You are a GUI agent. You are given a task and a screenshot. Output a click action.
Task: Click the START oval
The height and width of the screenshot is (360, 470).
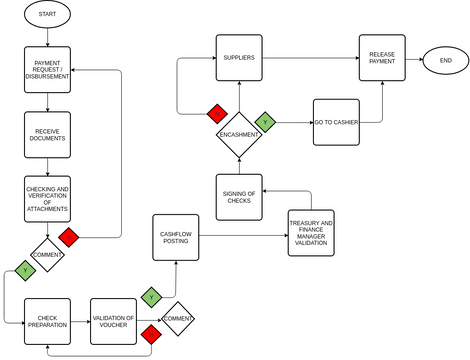point(48,14)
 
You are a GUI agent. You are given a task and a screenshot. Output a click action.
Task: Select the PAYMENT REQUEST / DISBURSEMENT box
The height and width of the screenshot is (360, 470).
point(48,70)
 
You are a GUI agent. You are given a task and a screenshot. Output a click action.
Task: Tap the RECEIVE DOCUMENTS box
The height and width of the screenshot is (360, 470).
point(48,134)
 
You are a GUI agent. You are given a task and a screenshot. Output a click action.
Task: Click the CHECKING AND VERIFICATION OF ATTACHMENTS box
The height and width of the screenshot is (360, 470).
point(48,199)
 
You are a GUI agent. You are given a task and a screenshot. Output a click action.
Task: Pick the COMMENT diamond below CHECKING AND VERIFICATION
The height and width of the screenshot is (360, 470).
point(48,255)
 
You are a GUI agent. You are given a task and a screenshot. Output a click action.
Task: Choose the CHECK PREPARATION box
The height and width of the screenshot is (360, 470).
point(48,321)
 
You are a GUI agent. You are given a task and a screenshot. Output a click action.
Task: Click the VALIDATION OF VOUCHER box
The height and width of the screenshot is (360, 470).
point(113,321)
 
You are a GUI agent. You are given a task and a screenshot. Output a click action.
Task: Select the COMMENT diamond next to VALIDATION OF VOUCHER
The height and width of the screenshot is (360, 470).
point(178,318)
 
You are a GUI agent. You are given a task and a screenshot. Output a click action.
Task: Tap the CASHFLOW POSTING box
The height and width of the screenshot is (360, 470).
point(175,237)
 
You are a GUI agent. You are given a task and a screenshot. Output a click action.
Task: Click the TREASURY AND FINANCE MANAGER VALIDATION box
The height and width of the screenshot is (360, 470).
point(311,232)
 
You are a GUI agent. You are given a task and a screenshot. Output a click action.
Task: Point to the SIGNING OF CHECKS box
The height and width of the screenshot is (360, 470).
point(239,196)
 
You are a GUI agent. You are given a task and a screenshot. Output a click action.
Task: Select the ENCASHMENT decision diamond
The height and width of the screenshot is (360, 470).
point(239,134)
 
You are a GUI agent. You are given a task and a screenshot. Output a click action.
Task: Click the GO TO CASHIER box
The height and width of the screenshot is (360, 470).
point(336,122)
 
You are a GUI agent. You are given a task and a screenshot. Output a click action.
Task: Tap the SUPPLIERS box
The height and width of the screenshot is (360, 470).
point(239,58)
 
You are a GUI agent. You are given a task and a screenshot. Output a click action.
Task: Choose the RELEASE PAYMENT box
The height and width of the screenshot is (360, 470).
point(383,58)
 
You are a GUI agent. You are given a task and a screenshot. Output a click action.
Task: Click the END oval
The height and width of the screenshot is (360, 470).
point(445,58)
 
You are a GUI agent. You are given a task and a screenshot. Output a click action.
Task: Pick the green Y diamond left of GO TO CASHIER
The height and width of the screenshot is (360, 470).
point(264,122)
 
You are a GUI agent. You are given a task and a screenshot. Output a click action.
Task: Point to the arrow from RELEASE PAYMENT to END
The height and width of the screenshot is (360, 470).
point(414,58)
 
